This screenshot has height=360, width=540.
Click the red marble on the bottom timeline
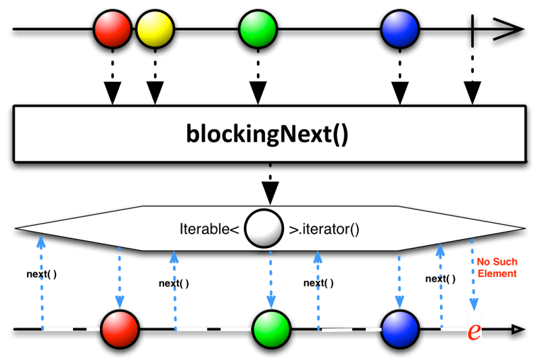(x=120, y=330)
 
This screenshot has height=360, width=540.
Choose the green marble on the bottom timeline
(x=271, y=330)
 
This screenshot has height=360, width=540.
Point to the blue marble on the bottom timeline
(x=400, y=330)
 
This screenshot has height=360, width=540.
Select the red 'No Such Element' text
(x=497, y=268)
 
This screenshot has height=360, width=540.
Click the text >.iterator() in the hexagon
(x=324, y=229)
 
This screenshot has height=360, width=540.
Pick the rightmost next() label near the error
(x=440, y=278)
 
